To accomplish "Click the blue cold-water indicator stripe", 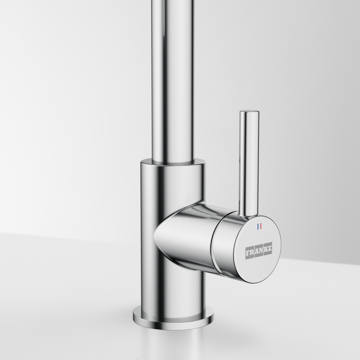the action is point(258,226).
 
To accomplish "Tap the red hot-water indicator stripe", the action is point(261,226).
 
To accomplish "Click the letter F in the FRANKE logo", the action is point(248,253).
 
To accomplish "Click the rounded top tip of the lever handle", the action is point(249,112).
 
